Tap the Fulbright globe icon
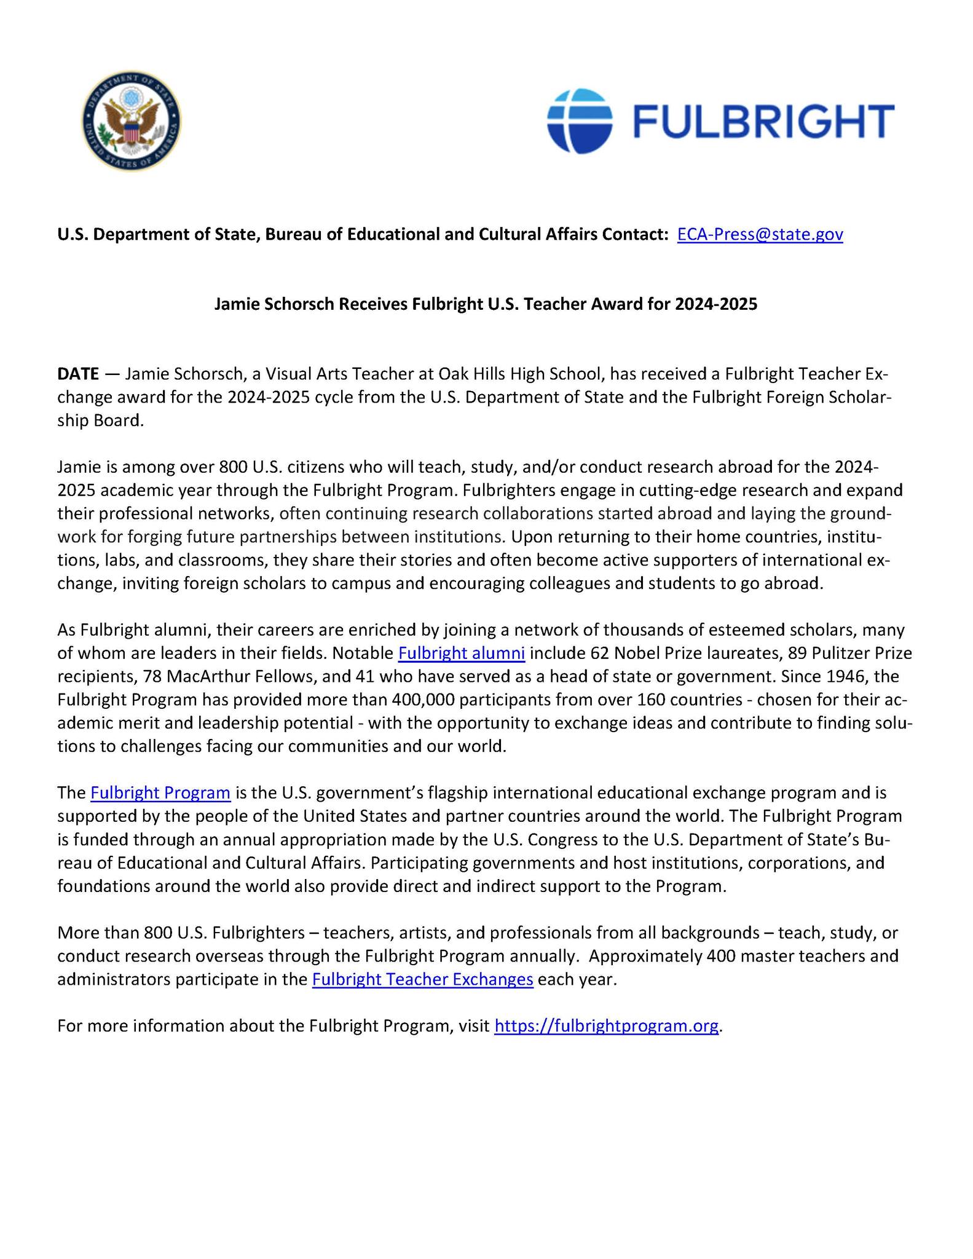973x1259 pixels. (580, 120)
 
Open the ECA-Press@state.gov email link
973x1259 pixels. (760, 234)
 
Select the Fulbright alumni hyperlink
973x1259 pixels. (461, 653)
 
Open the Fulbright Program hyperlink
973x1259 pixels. (160, 793)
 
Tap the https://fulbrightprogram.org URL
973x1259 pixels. (606, 1025)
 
